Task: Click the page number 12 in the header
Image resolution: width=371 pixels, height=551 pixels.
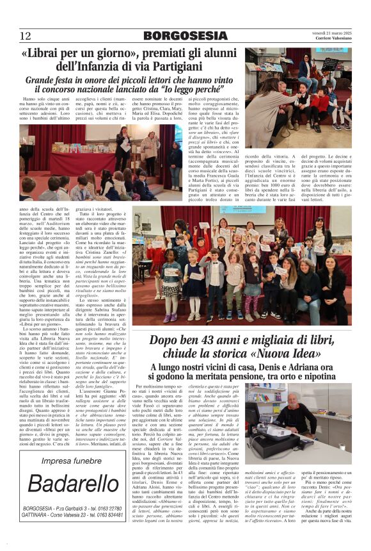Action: (26, 36)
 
